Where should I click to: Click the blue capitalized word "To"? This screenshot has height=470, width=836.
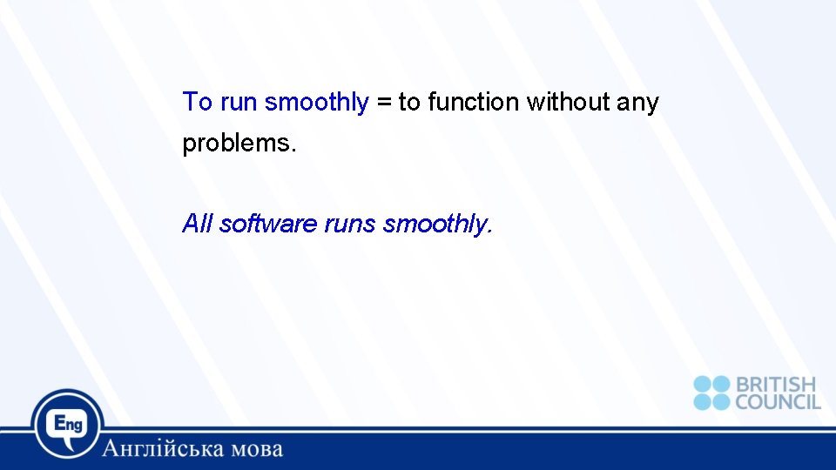(x=198, y=103)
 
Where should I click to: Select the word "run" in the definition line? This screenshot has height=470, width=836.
(x=239, y=103)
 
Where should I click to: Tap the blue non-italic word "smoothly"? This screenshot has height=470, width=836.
(x=317, y=103)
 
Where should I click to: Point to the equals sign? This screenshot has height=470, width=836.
(x=384, y=103)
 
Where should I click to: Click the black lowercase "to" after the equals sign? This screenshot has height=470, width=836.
(x=409, y=103)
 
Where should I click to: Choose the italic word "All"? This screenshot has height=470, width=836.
(x=198, y=225)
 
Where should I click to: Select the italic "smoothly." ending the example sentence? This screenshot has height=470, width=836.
(x=438, y=225)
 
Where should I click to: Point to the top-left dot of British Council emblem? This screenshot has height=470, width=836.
(x=702, y=384)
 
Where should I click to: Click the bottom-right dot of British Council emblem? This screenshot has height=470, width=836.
(x=721, y=402)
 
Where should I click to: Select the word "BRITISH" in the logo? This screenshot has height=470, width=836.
(x=776, y=384)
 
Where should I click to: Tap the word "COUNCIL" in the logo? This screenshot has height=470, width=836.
(x=778, y=402)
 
